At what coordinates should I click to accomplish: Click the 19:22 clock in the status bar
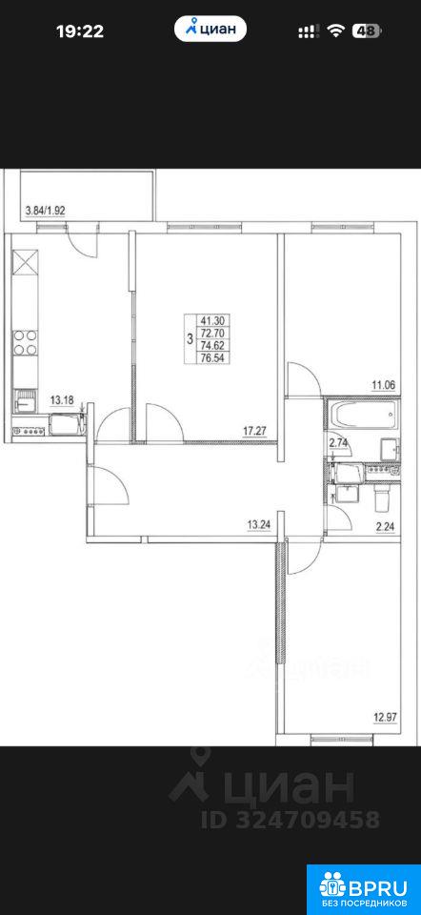click(80, 30)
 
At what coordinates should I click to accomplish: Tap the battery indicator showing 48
click(366, 30)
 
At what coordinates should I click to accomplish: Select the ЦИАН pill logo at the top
click(210, 29)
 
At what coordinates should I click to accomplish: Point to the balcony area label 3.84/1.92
click(46, 211)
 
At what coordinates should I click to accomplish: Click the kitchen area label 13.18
click(63, 399)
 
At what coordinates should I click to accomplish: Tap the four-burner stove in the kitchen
click(26, 342)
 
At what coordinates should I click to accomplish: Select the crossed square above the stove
click(26, 262)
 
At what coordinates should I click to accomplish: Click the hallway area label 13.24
click(261, 524)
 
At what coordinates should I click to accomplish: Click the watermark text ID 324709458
click(291, 820)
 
